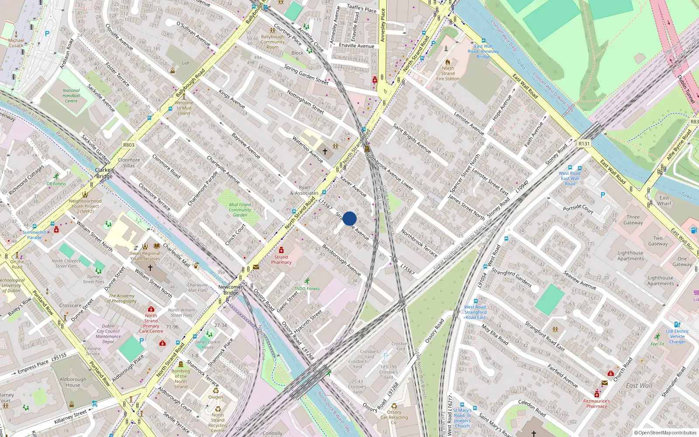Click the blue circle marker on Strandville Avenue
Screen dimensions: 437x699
pyautogui.click(x=349, y=218)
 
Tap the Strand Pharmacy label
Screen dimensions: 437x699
pyautogui.click(x=281, y=260)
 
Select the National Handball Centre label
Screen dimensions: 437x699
pyautogui.click(x=71, y=96)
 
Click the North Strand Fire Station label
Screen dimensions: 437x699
pyautogui.click(x=448, y=73)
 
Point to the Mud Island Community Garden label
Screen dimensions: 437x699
pyautogui.click(x=240, y=210)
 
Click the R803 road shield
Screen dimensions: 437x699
pyautogui.click(x=129, y=145)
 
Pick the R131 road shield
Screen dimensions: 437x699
pyautogui.click(x=584, y=143)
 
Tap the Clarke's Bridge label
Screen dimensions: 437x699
pyautogui.click(x=104, y=173)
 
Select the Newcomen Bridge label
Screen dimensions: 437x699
pyautogui.click(x=231, y=290)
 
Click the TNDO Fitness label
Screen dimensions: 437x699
pyautogui.click(x=307, y=288)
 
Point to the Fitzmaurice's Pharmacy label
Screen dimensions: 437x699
pyautogui.click(x=596, y=403)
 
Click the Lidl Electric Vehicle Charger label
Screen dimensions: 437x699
pyautogui.click(x=677, y=336)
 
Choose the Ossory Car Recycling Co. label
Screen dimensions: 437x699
pyautogui.click(x=394, y=417)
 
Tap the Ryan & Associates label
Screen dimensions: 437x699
pyautogui.click(x=304, y=190)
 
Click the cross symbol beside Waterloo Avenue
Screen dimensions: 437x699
pyautogui.click(x=325, y=152)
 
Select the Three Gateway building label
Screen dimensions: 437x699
pyautogui.click(x=633, y=220)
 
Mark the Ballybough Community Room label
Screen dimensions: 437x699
pyautogui.click(x=273, y=42)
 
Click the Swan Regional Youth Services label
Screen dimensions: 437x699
pyautogui.click(x=145, y=256)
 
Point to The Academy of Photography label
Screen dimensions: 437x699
pyautogui.click(x=122, y=298)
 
